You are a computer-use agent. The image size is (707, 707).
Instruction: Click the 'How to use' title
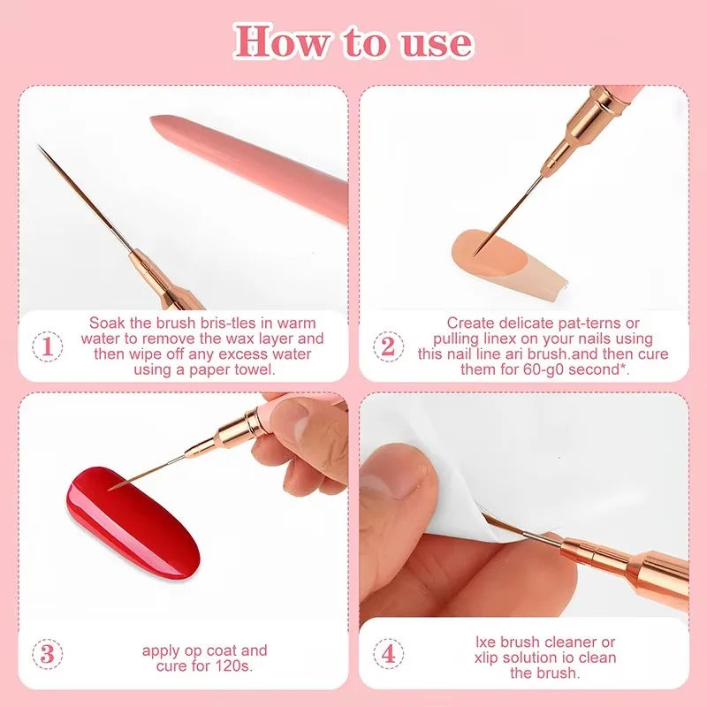click(353, 42)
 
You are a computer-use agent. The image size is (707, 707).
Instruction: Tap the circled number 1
click(47, 346)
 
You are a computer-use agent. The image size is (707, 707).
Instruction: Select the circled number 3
click(47, 655)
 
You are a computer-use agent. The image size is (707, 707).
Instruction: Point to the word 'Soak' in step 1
click(104, 323)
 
